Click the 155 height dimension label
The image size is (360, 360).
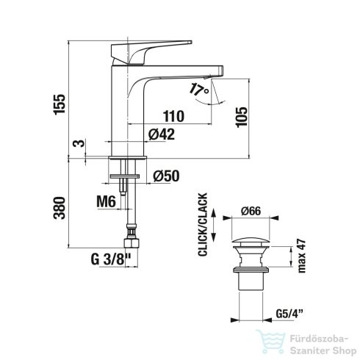click(60, 104)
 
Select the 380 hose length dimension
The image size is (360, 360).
click(60, 208)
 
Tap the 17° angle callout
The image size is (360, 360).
click(198, 90)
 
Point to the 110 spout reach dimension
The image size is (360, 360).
click(173, 116)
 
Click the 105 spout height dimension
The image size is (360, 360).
click(242, 117)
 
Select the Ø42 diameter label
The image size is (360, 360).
click(162, 134)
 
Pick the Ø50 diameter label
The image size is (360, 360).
click(166, 176)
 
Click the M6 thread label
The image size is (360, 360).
click(106, 202)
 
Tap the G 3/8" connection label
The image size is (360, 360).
click(111, 259)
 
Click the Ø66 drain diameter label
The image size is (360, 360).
click(251, 211)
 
